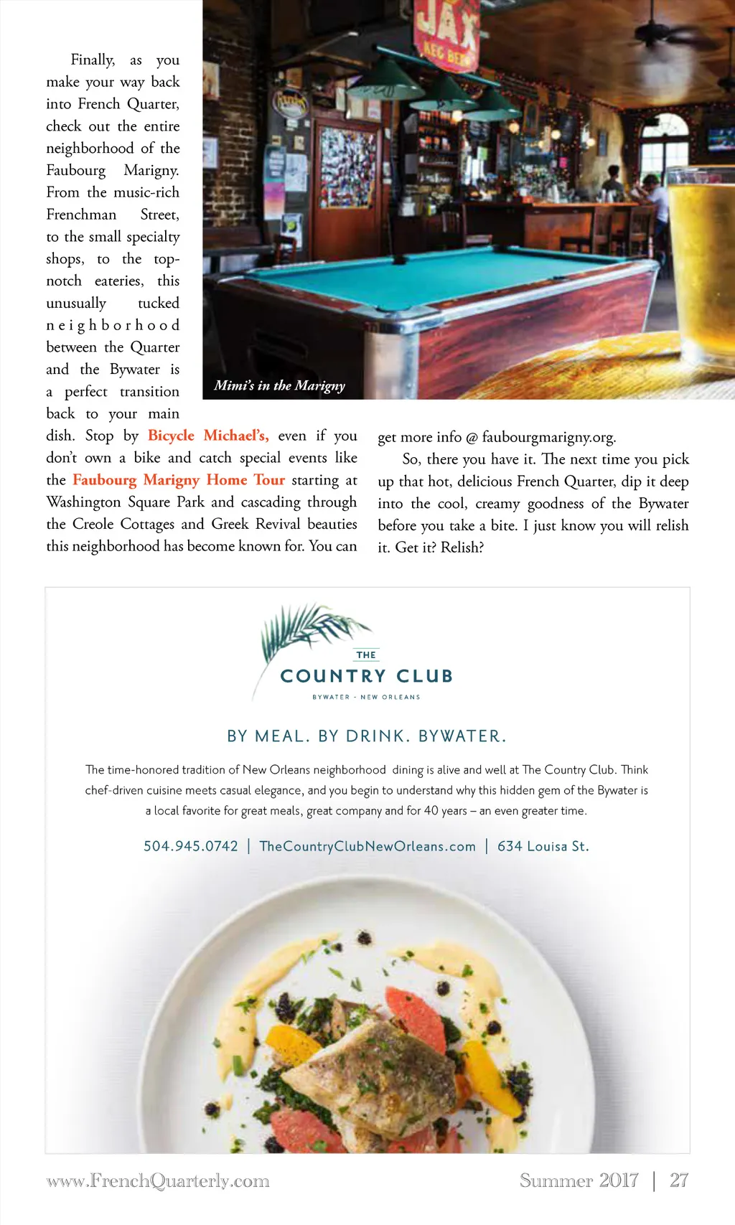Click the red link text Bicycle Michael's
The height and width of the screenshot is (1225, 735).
[x=207, y=436]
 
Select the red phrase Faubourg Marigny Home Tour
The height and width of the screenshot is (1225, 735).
[x=179, y=480]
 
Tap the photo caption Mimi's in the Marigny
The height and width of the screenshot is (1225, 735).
[x=279, y=385]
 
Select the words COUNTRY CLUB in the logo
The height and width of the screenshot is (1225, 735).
[x=366, y=676]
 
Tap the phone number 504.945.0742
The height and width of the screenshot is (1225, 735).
[x=190, y=846]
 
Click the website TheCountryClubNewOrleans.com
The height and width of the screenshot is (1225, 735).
[x=367, y=846]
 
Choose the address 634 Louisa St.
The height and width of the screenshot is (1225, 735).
[x=543, y=846]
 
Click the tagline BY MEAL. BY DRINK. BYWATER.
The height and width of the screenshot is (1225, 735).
[x=367, y=736]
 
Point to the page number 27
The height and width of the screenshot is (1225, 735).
[x=678, y=1181]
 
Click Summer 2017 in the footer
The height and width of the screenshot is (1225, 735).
[x=579, y=1181]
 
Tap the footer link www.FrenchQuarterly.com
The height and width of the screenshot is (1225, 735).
[x=158, y=1181]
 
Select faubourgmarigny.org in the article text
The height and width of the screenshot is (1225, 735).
[x=548, y=437]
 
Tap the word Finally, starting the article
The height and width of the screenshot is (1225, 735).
[x=93, y=60]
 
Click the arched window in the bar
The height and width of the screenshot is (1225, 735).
[x=663, y=144]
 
